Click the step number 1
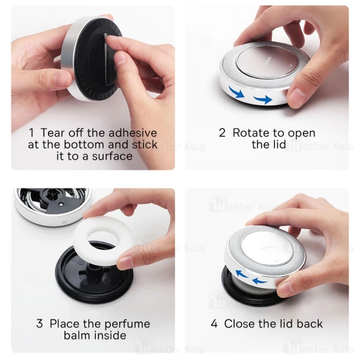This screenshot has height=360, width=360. [31, 133]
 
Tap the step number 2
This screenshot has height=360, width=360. [222, 133]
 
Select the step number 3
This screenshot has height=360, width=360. [40, 324]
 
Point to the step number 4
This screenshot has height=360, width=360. [214, 324]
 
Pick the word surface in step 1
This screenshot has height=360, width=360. [112, 157]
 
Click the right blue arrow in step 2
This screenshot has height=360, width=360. [263, 100]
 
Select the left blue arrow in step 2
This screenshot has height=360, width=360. [237, 92]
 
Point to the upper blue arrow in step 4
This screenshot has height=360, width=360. [242, 274]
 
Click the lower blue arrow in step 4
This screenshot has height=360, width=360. [260, 281]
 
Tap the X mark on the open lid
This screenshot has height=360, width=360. [64, 222]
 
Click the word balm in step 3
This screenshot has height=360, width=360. [76, 335]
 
